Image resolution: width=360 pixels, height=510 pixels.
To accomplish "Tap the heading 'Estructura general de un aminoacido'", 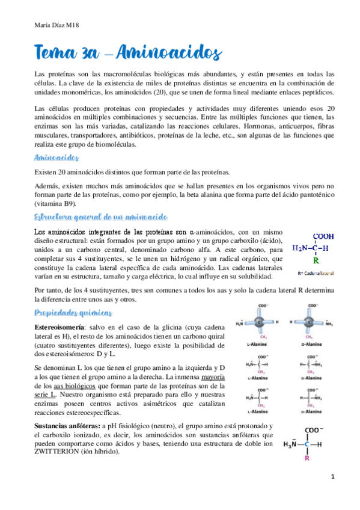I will (x=102, y=216).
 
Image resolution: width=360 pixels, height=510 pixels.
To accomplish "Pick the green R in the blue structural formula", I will (x=316, y=260).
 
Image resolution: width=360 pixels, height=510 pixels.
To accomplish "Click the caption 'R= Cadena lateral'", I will (x=316, y=273).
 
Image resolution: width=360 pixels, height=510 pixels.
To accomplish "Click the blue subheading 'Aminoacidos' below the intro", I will (x=57, y=157).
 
